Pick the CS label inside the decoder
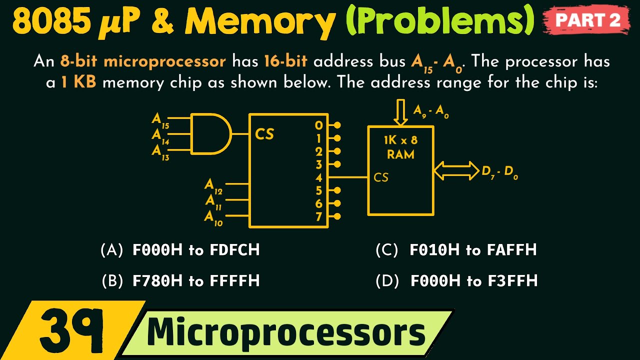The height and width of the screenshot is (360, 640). pyautogui.click(x=264, y=134)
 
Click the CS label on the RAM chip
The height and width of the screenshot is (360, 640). pyautogui.click(x=381, y=177)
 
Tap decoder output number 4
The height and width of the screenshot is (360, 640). pyautogui.click(x=319, y=177)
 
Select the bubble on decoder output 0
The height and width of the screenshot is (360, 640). pyautogui.click(x=337, y=125)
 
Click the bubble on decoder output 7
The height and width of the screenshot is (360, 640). pyautogui.click(x=337, y=216)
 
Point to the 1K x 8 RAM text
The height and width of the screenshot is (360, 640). pyautogui.click(x=400, y=147)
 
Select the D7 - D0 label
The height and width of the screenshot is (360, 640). pyautogui.click(x=500, y=173)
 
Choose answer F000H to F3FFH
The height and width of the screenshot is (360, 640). pyautogui.click(x=473, y=281)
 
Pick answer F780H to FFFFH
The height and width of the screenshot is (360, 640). pyautogui.click(x=196, y=281)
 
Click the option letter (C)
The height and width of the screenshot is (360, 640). pyautogui.click(x=386, y=250)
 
